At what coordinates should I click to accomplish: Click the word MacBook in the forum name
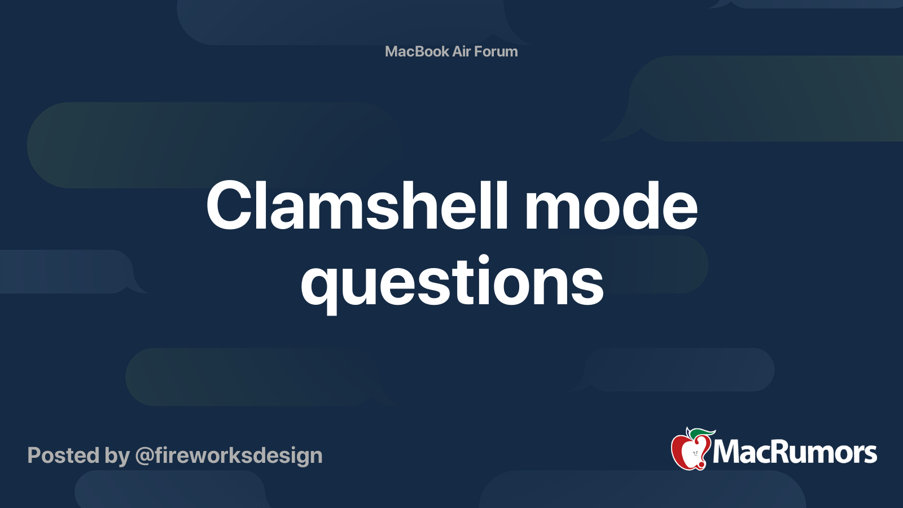click(417, 51)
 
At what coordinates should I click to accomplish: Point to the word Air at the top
click(461, 51)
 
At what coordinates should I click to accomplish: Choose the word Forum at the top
click(496, 51)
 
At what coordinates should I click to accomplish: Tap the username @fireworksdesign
click(229, 456)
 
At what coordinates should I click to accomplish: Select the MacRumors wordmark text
click(795, 453)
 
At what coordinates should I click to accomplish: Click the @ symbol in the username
click(144, 456)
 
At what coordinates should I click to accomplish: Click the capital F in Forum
click(478, 51)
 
